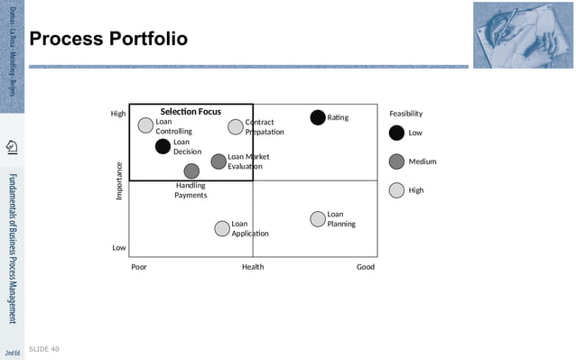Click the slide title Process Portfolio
[x=108, y=40]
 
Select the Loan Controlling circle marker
[x=145, y=125]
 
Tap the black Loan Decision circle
[x=163, y=146]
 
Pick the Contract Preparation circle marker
[x=236, y=126]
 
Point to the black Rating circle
[x=318, y=117]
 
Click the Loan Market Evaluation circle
[x=218, y=162]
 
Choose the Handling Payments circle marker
[x=191, y=171]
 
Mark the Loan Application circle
[x=222, y=228]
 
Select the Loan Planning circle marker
[x=318, y=218]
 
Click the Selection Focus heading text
[x=190, y=112]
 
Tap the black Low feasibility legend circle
[x=396, y=134]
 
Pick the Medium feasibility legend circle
[x=396, y=162]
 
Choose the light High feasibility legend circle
[x=396, y=190]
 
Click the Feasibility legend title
[x=405, y=114]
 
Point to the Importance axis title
[x=118, y=180]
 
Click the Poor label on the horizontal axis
[x=139, y=267]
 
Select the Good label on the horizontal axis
[x=365, y=267]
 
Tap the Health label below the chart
[x=253, y=267]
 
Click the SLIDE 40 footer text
[x=44, y=348]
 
